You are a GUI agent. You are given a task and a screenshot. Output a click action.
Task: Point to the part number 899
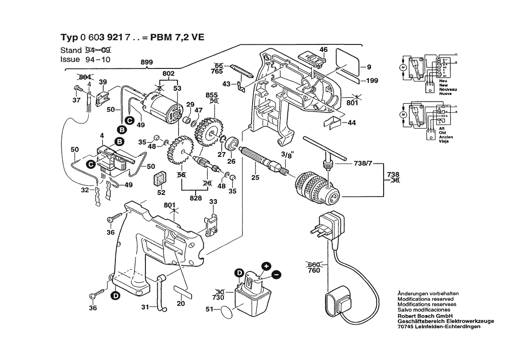pos(147,63)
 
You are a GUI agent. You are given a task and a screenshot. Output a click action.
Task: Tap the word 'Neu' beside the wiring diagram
pos(443,82)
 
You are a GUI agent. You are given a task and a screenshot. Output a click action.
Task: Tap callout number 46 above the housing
pos(323,50)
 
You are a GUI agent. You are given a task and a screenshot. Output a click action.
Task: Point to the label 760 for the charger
pos(313,271)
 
